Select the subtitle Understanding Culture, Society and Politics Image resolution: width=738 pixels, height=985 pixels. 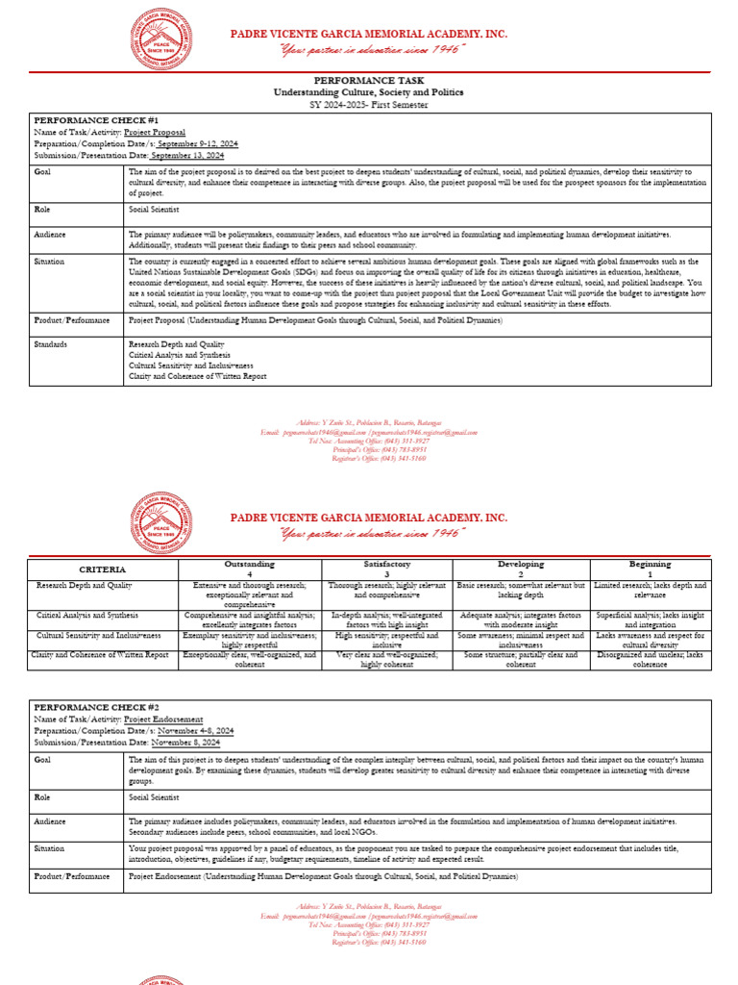pos(368,92)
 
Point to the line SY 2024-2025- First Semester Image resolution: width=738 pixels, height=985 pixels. pos(368,103)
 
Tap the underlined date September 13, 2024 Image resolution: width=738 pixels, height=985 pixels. pos(187,155)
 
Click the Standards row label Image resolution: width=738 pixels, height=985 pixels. pos(51,342)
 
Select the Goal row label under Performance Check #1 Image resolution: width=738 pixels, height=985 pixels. pos(42,172)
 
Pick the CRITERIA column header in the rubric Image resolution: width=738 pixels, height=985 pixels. pos(102,569)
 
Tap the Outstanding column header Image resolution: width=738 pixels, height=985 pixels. pos(249,564)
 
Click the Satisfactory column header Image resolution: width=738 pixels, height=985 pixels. pos(386,564)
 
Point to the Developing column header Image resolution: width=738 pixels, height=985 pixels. pos(520,564)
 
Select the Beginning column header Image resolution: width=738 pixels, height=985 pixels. pos(651,564)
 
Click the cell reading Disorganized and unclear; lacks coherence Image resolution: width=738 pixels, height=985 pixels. pos(651,660)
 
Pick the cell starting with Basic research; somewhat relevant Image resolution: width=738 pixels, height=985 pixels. pos(520,590)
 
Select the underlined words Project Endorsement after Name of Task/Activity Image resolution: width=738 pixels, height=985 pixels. pos(163,719)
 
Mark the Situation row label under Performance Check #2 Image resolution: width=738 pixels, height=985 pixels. pos(49,849)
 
